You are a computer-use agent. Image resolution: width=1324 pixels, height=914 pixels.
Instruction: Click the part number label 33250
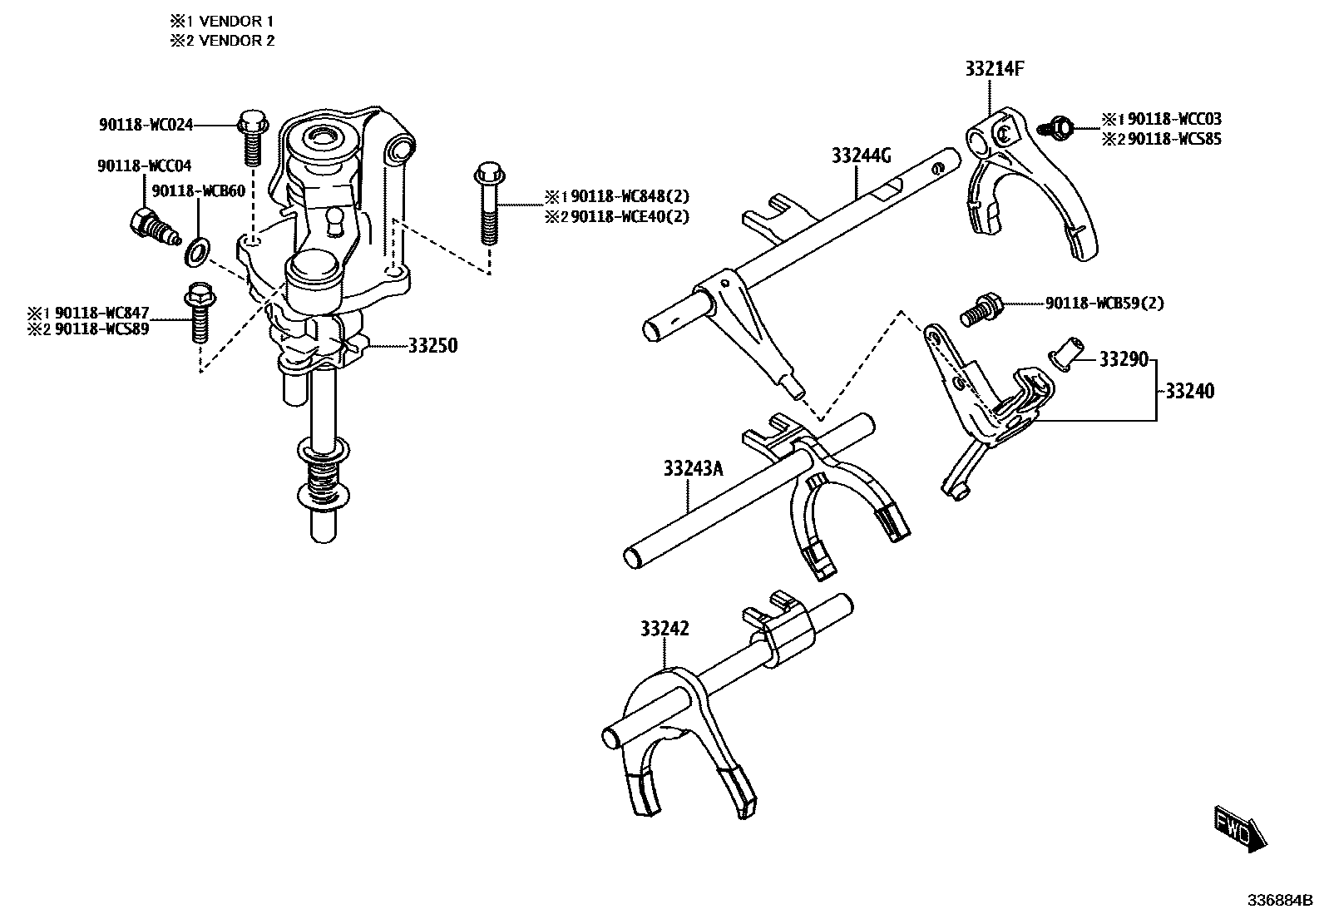point(432,346)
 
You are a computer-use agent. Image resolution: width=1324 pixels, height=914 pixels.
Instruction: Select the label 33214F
point(994,69)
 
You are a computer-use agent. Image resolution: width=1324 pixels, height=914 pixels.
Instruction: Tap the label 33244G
point(861,156)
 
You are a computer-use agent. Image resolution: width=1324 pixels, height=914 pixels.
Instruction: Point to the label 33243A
point(693,469)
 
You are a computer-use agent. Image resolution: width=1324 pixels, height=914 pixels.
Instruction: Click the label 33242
point(664,629)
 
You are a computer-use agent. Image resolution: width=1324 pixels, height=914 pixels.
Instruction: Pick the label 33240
point(1189,391)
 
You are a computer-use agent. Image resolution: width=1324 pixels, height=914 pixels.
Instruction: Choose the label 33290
point(1123,359)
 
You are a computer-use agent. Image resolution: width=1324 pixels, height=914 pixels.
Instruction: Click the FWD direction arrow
point(1239,828)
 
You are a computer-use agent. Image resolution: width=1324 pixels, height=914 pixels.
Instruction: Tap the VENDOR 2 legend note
point(222,40)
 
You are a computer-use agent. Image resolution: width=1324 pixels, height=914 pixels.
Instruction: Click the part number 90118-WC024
point(146,125)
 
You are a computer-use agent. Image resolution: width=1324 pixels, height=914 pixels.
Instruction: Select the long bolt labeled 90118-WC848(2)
point(488,205)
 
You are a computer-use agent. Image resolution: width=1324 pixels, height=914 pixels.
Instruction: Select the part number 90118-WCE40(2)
point(630,216)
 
